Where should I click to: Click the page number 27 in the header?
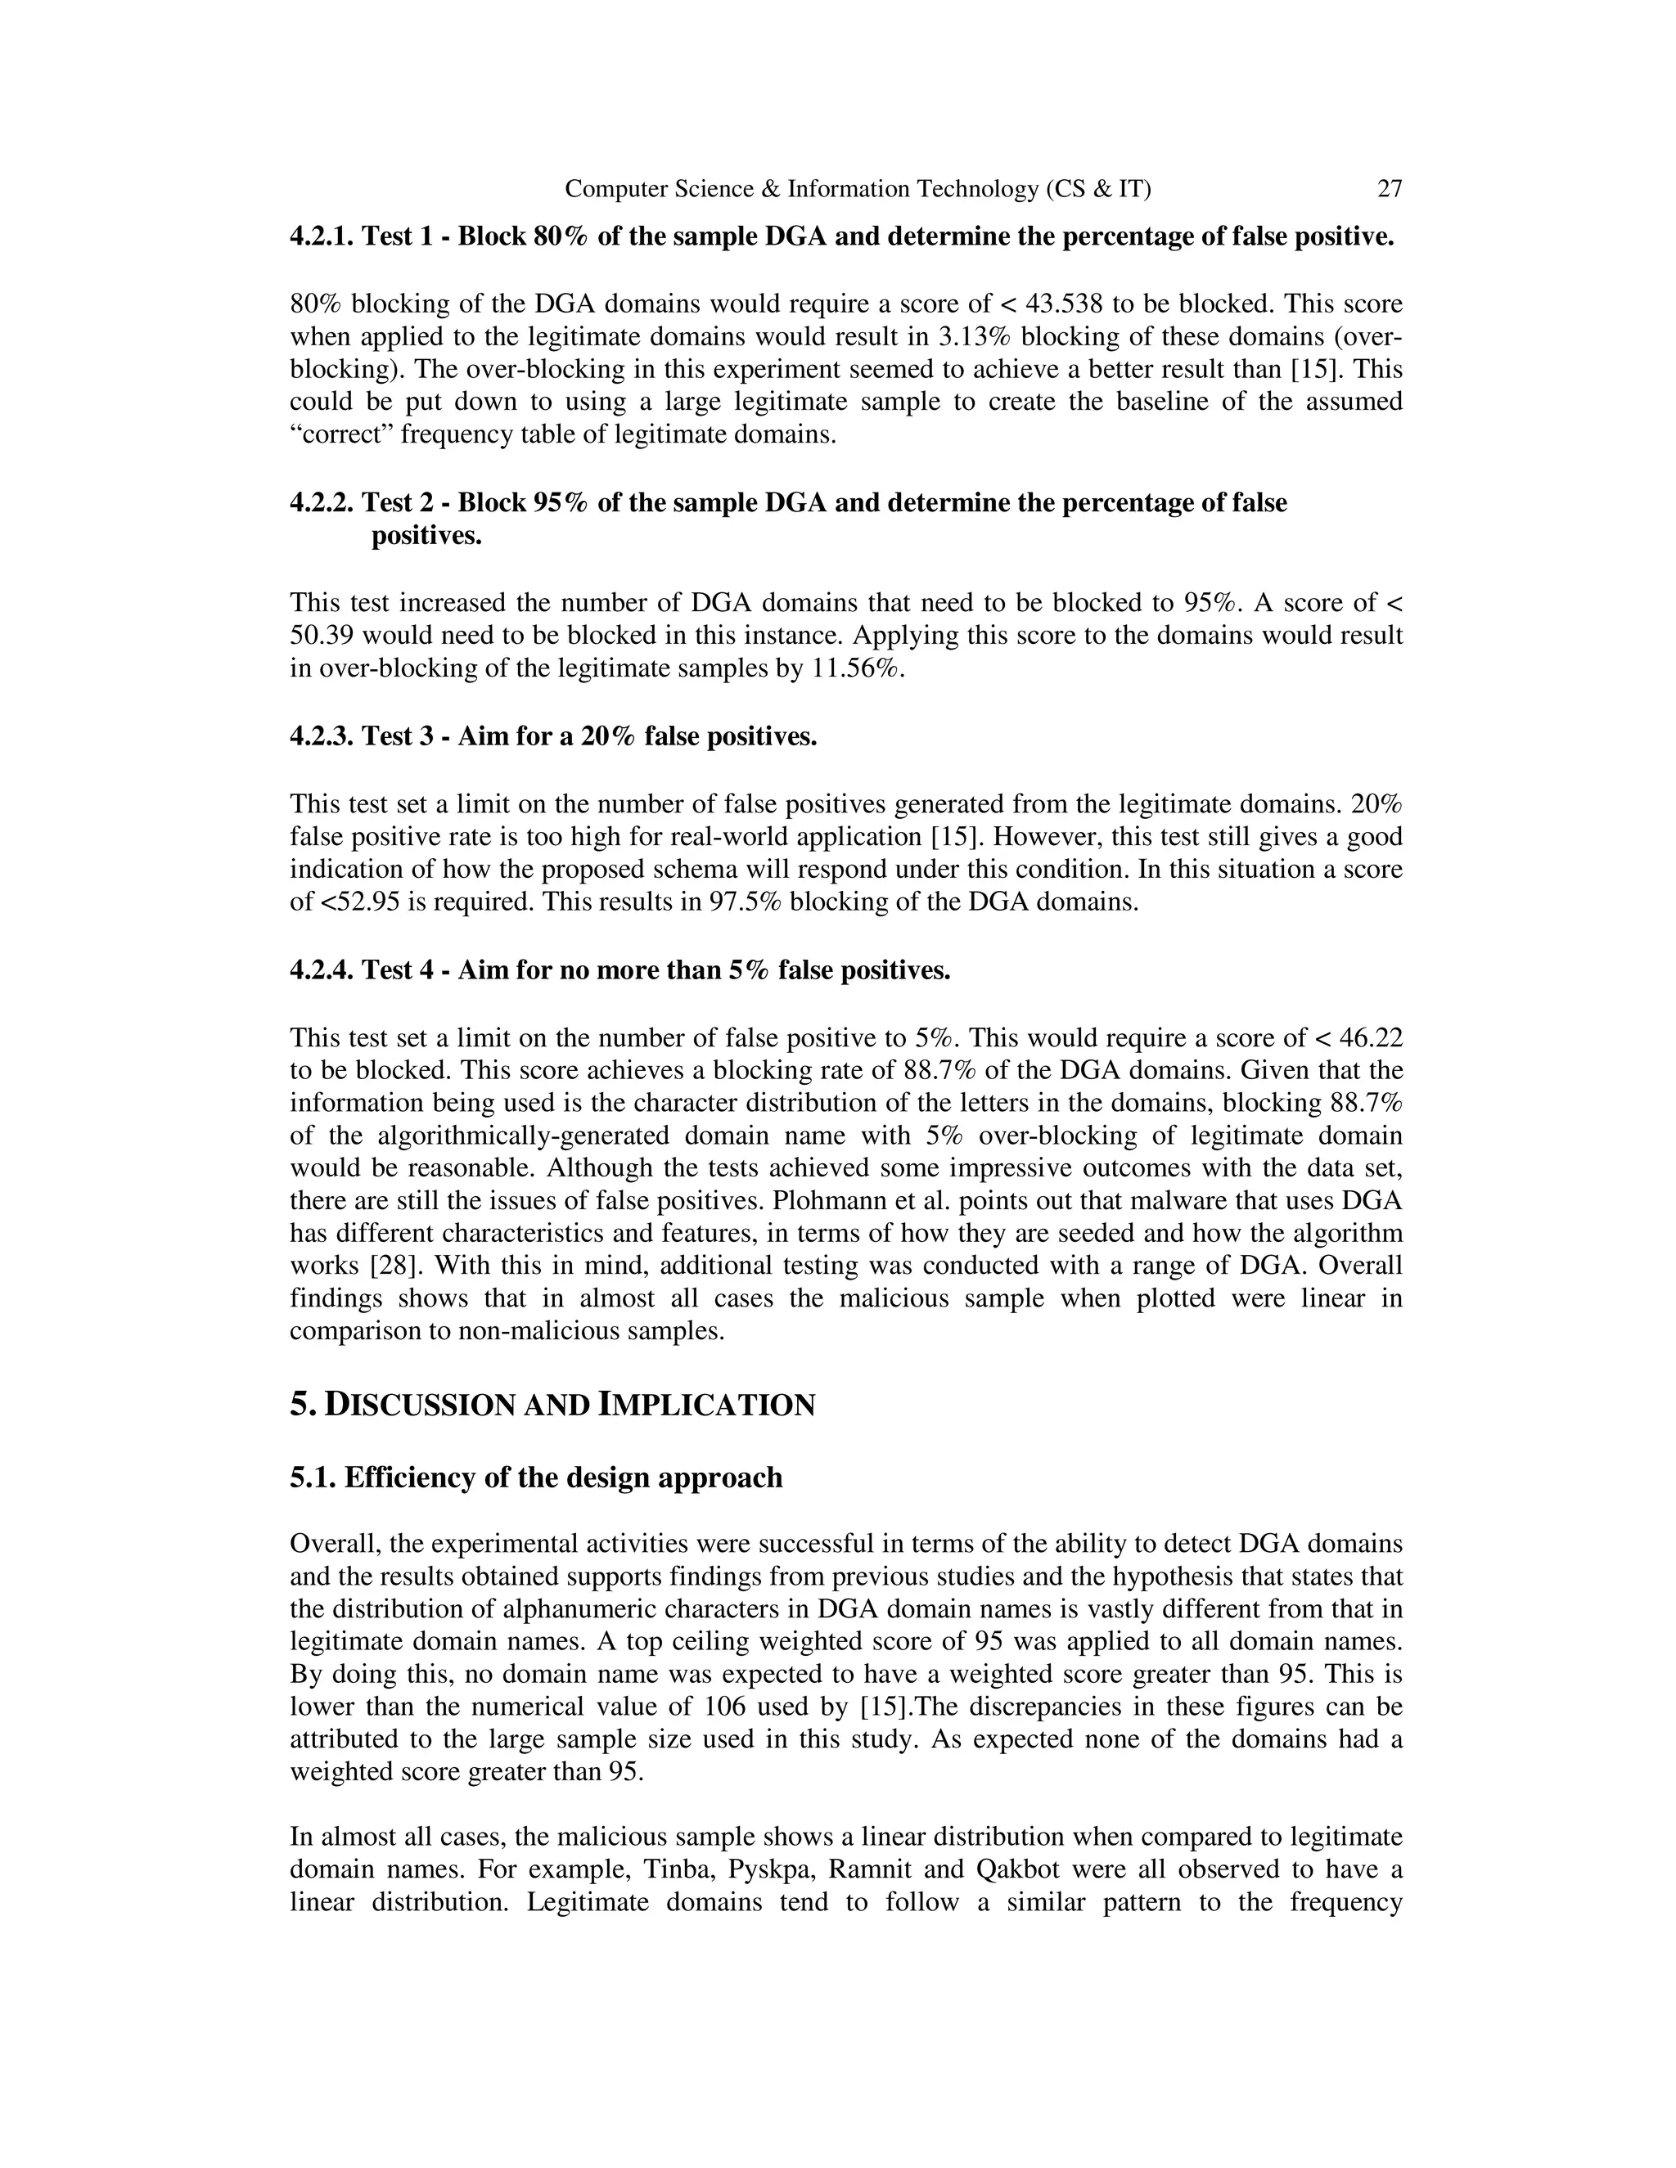(1389, 189)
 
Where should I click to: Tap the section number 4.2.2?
(322, 503)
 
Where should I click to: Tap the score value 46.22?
(1370, 1038)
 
